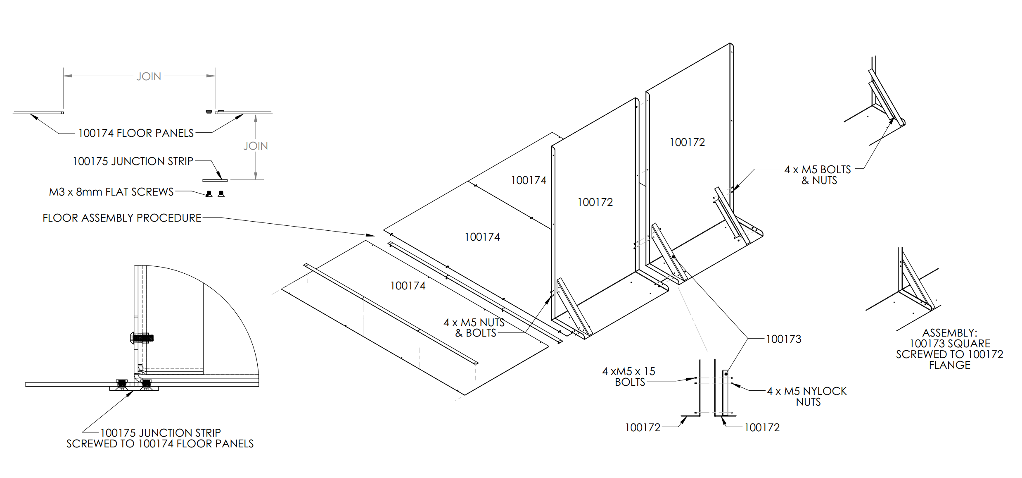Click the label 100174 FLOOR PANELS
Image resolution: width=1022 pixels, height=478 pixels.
136,133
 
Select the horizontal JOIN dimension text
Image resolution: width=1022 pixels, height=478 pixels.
149,76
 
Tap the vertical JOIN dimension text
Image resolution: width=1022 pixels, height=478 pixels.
256,146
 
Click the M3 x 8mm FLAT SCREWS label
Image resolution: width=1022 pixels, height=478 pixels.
111,192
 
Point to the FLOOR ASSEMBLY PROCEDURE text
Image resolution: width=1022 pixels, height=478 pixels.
122,218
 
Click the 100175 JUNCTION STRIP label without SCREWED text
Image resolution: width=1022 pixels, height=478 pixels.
133,161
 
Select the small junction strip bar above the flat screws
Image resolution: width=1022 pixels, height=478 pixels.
215,180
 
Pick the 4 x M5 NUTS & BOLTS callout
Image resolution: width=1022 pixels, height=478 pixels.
475,327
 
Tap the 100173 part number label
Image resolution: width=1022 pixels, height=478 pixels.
783,339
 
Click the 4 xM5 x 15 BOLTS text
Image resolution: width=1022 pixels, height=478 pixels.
628,377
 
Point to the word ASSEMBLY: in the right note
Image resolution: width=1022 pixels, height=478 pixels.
949,333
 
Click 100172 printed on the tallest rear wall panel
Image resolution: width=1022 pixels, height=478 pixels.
687,142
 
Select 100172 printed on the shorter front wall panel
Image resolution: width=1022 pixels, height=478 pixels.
595,202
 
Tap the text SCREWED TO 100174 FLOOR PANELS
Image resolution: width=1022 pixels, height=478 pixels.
160,444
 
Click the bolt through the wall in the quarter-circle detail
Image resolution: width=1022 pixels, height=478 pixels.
142,338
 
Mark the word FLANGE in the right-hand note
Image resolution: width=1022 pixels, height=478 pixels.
949,365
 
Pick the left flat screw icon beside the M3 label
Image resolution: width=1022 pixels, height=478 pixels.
209,194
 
